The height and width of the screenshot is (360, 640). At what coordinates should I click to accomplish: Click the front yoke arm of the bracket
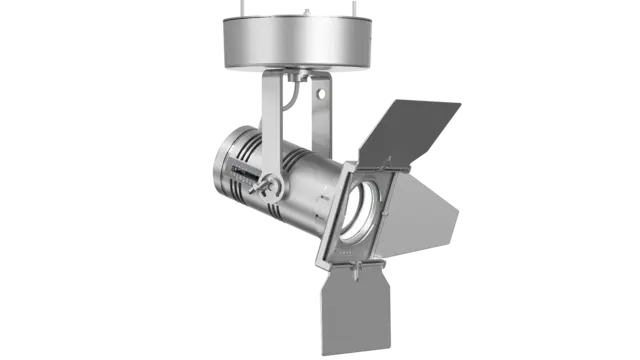[269, 130]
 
